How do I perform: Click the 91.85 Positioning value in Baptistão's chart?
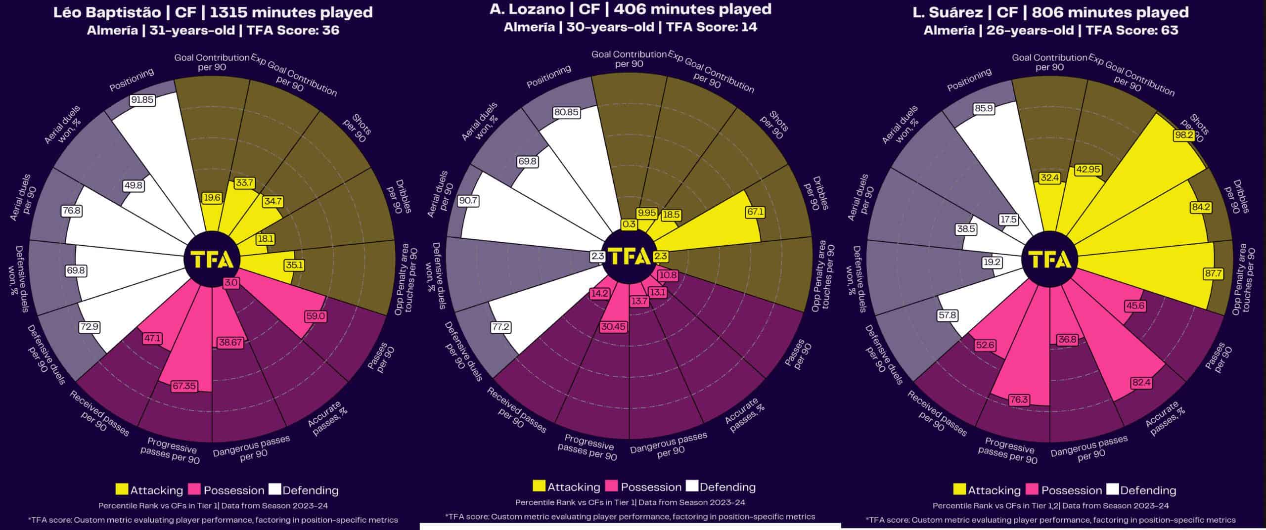[x=142, y=100]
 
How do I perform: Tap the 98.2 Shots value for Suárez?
[x=1183, y=134]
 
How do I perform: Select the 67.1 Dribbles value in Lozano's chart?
[x=755, y=212]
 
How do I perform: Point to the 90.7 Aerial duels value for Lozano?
[x=468, y=201]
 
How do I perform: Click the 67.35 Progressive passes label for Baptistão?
[x=184, y=386]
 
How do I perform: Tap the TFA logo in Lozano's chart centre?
[x=629, y=256]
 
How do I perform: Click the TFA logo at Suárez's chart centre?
[x=1049, y=260]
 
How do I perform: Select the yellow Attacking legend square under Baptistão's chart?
[x=122, y=489]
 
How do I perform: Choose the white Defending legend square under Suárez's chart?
[x=1112, y=489]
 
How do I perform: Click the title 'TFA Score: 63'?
[x=1131, y=31]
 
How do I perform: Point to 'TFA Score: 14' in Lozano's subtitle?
[x=712, y=27]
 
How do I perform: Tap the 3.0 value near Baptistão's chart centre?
[x=231, y=283]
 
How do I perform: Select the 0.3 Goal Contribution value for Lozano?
[x=629, y=224]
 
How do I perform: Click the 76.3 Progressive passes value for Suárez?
[x=1019, y=399]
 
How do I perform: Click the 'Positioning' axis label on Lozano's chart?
[x=548, y=77]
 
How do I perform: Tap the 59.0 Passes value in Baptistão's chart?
[x=316, y=316]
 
